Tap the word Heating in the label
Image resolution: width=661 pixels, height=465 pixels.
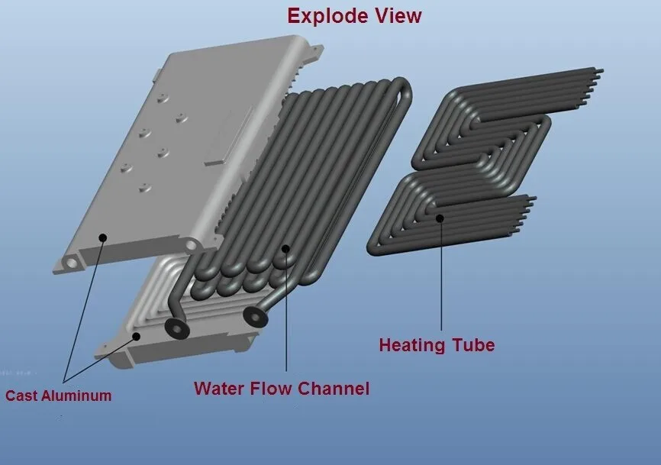(x=412, y=345)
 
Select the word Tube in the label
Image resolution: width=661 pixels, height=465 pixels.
(x=473, y=345)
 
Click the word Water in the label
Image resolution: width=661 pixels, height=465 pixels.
(x=219, y=388)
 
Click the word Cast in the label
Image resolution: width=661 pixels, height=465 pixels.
(x=21, y=396)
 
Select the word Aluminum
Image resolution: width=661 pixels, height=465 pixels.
(x=76, y=396)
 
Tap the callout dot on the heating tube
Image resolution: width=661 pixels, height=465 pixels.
(x=440, y=218)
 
